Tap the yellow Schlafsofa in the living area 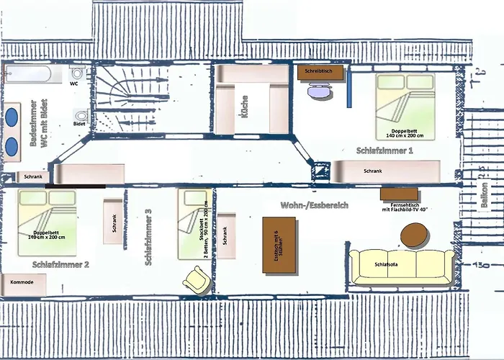click(402, 266)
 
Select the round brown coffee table click(414, 235)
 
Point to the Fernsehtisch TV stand click(399, 194)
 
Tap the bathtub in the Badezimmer click(27, 74)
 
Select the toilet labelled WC click(78, 73)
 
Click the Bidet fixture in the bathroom click(81, 117)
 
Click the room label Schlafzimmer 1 click(384, 151)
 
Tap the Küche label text click(245, 107)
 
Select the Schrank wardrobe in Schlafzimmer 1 click(385, 171)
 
